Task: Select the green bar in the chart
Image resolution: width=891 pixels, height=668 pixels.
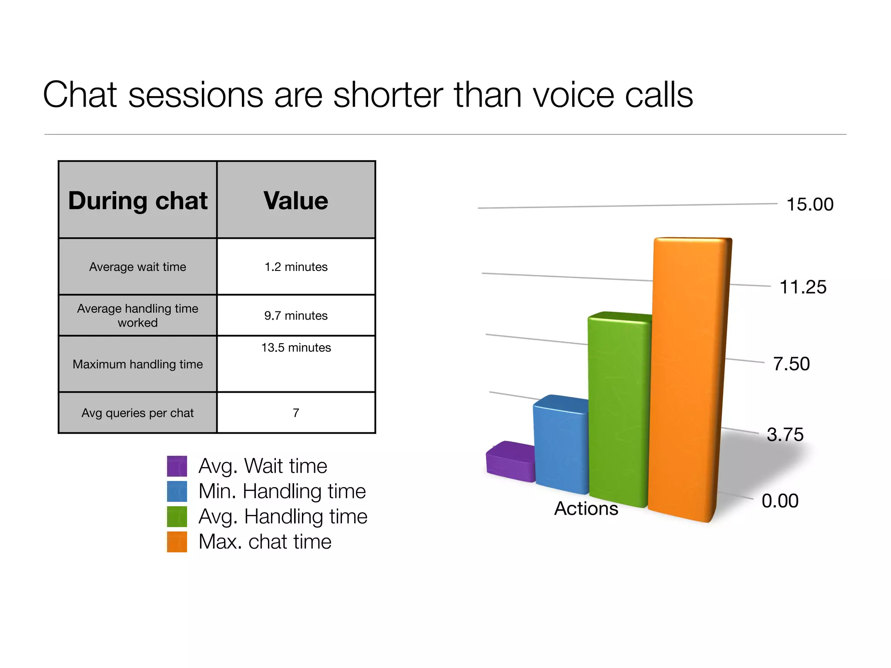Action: [618, 409]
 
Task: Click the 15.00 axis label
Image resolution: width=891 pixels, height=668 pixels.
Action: [810, 204]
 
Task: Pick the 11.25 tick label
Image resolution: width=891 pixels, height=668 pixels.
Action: [803, 287]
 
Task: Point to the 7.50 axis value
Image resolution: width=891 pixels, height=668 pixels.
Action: [791, 364]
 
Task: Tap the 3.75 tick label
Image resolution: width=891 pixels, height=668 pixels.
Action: [785, 434]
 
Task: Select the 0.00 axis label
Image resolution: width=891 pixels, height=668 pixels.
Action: [780, 501]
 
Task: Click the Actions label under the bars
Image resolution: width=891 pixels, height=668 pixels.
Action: [586, 508]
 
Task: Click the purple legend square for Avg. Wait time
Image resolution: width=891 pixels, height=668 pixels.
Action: [177, 466]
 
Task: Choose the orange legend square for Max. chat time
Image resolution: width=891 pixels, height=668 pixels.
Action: [177, 542]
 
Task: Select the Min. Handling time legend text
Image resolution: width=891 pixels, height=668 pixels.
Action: [282, 491]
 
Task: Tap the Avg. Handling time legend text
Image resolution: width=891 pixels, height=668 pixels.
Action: [283, 517]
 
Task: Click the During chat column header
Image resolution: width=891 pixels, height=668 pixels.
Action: [138, 200]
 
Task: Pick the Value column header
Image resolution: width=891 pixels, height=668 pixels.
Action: [296, 200]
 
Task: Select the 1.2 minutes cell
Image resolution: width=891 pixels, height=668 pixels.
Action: [296, 267]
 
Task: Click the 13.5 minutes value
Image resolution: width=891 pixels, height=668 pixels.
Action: [296, 347]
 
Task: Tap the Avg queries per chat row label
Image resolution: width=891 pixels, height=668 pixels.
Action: [137, 413]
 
